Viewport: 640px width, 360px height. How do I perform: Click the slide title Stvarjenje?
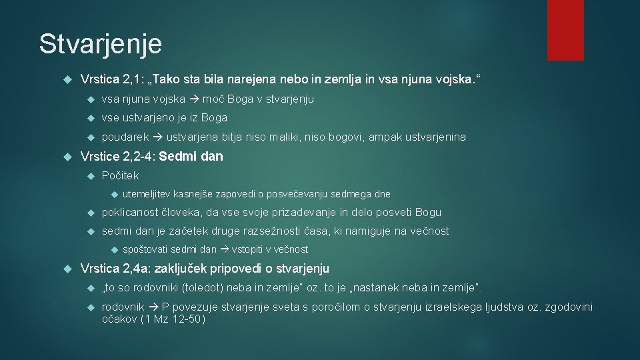[x=101, y=44]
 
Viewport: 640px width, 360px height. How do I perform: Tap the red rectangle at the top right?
[x=565, y=30]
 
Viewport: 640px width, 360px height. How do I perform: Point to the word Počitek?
[x=120, y=175]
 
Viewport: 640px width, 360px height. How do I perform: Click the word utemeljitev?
[x=147, y=194]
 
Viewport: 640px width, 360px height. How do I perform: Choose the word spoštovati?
[x=146, y=250]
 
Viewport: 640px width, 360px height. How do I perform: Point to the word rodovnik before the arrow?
[x=123, y=307]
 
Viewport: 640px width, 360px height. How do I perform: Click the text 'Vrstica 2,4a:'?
[x=110, y=269]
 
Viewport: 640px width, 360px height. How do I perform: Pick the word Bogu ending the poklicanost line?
[x=428, y=213]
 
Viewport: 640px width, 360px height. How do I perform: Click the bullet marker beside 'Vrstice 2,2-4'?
[x=67, y=157]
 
